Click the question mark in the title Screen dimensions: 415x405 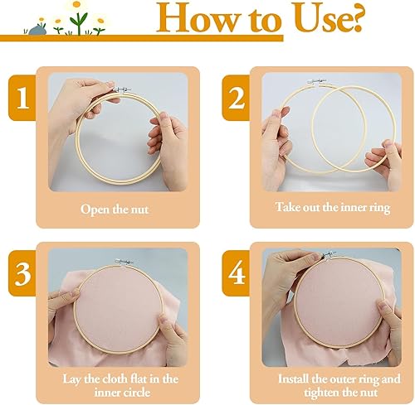click(x=354, y=19)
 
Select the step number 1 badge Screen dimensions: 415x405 click(x=22, y=98)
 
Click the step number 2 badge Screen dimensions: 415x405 click(x=236, y=98)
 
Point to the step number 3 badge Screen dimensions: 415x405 click(x=22, y=273)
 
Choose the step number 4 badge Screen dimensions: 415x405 click(x=236, y=273)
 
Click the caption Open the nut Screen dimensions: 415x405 click(x=115, y=210)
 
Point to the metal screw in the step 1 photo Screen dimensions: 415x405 click(x=122, y=89)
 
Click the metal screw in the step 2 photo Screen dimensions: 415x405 click(x=317, y=81)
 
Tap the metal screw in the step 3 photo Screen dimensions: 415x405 click(x=124, y=262)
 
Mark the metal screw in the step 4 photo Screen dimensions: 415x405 click(x=330, y=254)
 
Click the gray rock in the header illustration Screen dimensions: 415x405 click(x=37, y=30)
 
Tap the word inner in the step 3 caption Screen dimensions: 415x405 click(x=105, y=393)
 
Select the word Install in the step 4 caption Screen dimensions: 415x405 click(x=293, y=378)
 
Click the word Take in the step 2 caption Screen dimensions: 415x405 click(x=287, y=207)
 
